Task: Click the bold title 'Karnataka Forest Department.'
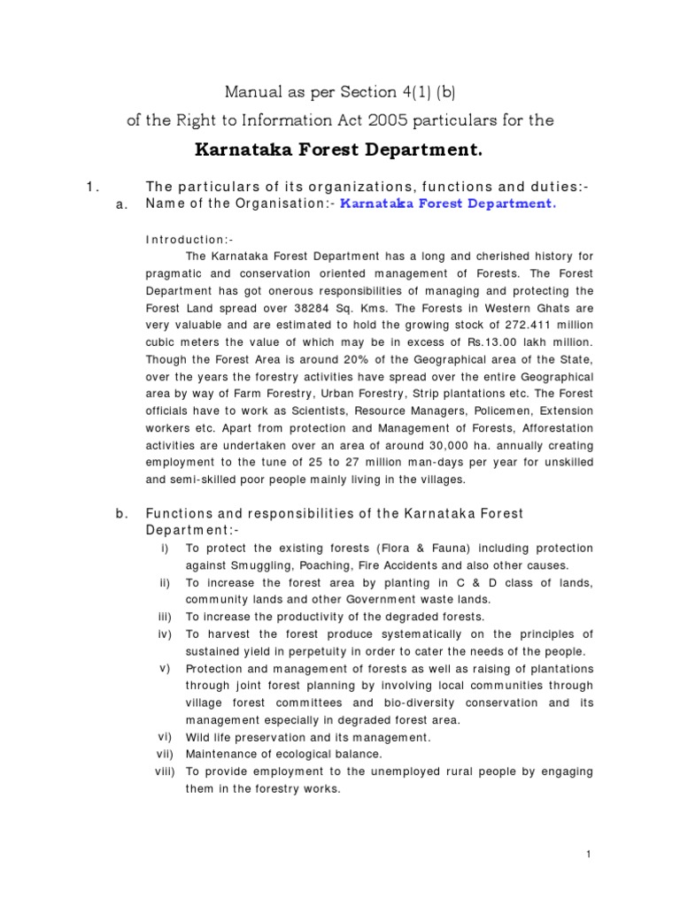coord(339,150)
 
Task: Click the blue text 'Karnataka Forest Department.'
coord(449,203)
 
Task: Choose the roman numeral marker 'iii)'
coord(165,617)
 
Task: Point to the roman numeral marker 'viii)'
coord(166,772)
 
